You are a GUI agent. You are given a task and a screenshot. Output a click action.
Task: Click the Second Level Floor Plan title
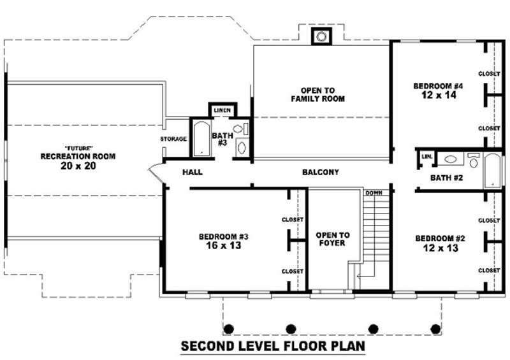point(273,347)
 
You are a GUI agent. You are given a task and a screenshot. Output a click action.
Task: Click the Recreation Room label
point(78,156)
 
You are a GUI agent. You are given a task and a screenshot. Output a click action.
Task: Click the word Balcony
point(320,172)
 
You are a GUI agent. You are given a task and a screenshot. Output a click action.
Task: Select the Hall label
point(192,172)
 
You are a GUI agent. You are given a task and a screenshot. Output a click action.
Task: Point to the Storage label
point(173,139)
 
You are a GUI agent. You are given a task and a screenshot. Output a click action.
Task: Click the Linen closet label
point(222,110)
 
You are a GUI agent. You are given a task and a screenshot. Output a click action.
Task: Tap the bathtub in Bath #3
point(201,138)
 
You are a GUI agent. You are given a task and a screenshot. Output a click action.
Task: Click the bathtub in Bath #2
point(493,170)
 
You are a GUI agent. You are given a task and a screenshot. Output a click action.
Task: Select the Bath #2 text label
point(446,178)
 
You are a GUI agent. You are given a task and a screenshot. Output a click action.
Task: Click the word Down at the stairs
point(373,192)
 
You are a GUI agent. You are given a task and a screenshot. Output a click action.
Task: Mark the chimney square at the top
point(321,36)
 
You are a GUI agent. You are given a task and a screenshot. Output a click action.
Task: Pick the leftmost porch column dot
point(228,329)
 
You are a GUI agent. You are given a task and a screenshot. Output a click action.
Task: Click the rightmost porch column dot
point(436,329)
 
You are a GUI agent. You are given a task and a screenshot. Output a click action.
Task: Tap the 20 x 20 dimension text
point(78,165)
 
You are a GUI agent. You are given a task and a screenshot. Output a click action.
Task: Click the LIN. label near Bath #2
point(426,155)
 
